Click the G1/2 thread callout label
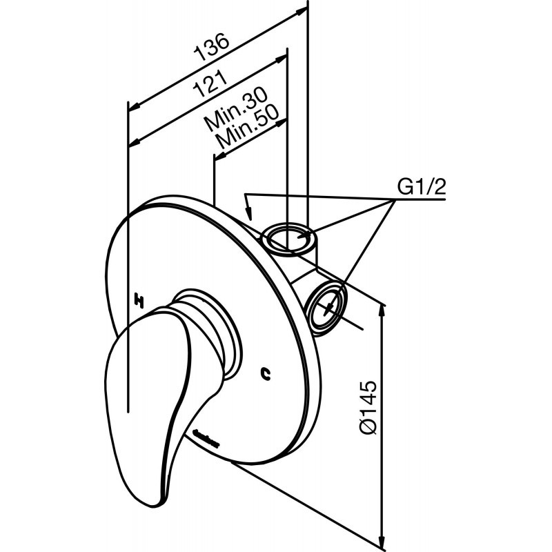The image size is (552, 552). [421, 187]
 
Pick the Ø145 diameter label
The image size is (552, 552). [369, 407]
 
